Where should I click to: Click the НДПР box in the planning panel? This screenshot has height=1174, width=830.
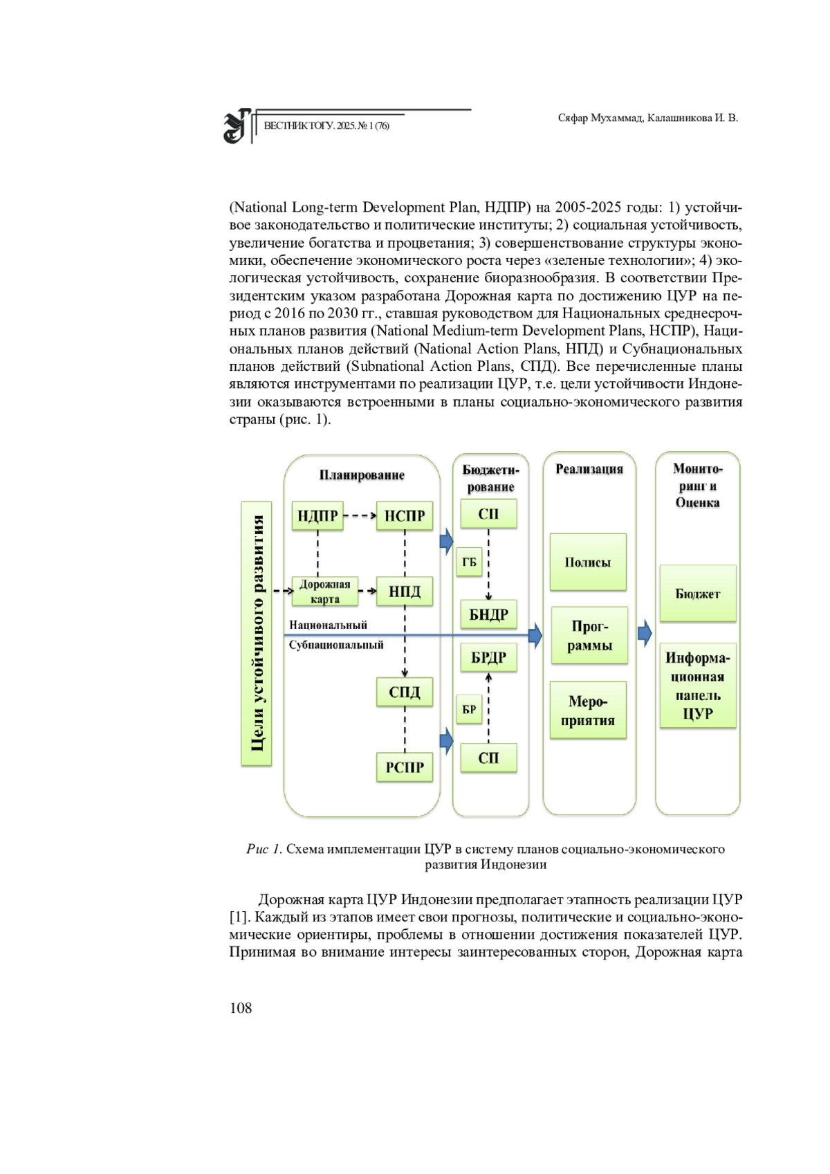(x=317, y=515)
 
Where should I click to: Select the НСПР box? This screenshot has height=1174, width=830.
(x=405, y=515)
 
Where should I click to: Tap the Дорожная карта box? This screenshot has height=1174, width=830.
(x=325, y=591)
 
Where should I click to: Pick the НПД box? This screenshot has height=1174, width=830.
(x=405, y=591)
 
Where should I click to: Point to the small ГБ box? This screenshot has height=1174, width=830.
(x=469, y=562)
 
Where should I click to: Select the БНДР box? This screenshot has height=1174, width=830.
(x=489, y=614)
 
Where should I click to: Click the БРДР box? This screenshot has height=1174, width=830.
(x=489, y=657)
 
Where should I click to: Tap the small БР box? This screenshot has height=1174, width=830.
(x=469, y=709)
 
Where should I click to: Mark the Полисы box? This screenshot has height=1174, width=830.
(x=588, y=562)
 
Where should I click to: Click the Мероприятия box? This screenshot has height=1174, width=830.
(x=588, y=710)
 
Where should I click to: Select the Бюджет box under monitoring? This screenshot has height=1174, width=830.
(x=698, y=594)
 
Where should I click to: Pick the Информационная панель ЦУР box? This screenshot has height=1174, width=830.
(x=698, y=686)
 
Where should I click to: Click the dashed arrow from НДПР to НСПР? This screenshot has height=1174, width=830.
(x=360, y=515)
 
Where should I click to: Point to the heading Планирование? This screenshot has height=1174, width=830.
(x=362, y=475)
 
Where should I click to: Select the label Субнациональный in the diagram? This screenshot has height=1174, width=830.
(x=336, y=645)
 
